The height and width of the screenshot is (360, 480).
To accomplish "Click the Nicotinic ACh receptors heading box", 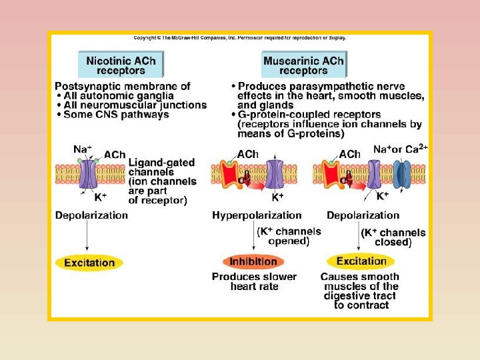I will [121, 65].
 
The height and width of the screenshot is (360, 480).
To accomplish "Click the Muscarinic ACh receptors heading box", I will [303, 65].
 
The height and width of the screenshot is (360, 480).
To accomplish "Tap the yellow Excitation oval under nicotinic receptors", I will [89, 262].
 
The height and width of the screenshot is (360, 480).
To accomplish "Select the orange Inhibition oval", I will [253, 261].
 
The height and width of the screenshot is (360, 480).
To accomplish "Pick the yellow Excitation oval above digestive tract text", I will [361, 261].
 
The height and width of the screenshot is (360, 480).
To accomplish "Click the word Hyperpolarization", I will [257, 215].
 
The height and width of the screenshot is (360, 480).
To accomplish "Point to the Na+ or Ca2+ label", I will [400, 150].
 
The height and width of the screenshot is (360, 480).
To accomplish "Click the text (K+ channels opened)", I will [289, 236].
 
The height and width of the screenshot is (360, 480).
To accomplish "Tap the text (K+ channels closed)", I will [393, 237].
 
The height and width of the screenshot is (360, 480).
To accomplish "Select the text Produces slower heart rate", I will [254, 281].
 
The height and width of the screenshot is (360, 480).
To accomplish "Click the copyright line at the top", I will [240, 38].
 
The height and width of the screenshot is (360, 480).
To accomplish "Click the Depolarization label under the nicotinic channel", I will [91, 215].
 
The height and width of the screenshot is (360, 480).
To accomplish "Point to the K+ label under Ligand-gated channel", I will [100, 198].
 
